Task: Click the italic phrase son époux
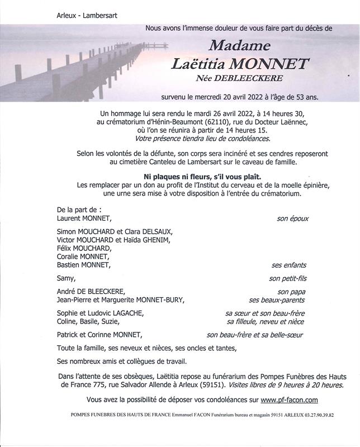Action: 292,219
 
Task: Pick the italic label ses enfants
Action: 289,265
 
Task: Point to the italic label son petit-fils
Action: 288,278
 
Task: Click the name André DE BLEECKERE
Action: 91,292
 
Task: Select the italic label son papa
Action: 292,292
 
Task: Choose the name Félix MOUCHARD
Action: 84,249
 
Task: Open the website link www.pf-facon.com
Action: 289,400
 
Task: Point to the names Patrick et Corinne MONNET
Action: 100,335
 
